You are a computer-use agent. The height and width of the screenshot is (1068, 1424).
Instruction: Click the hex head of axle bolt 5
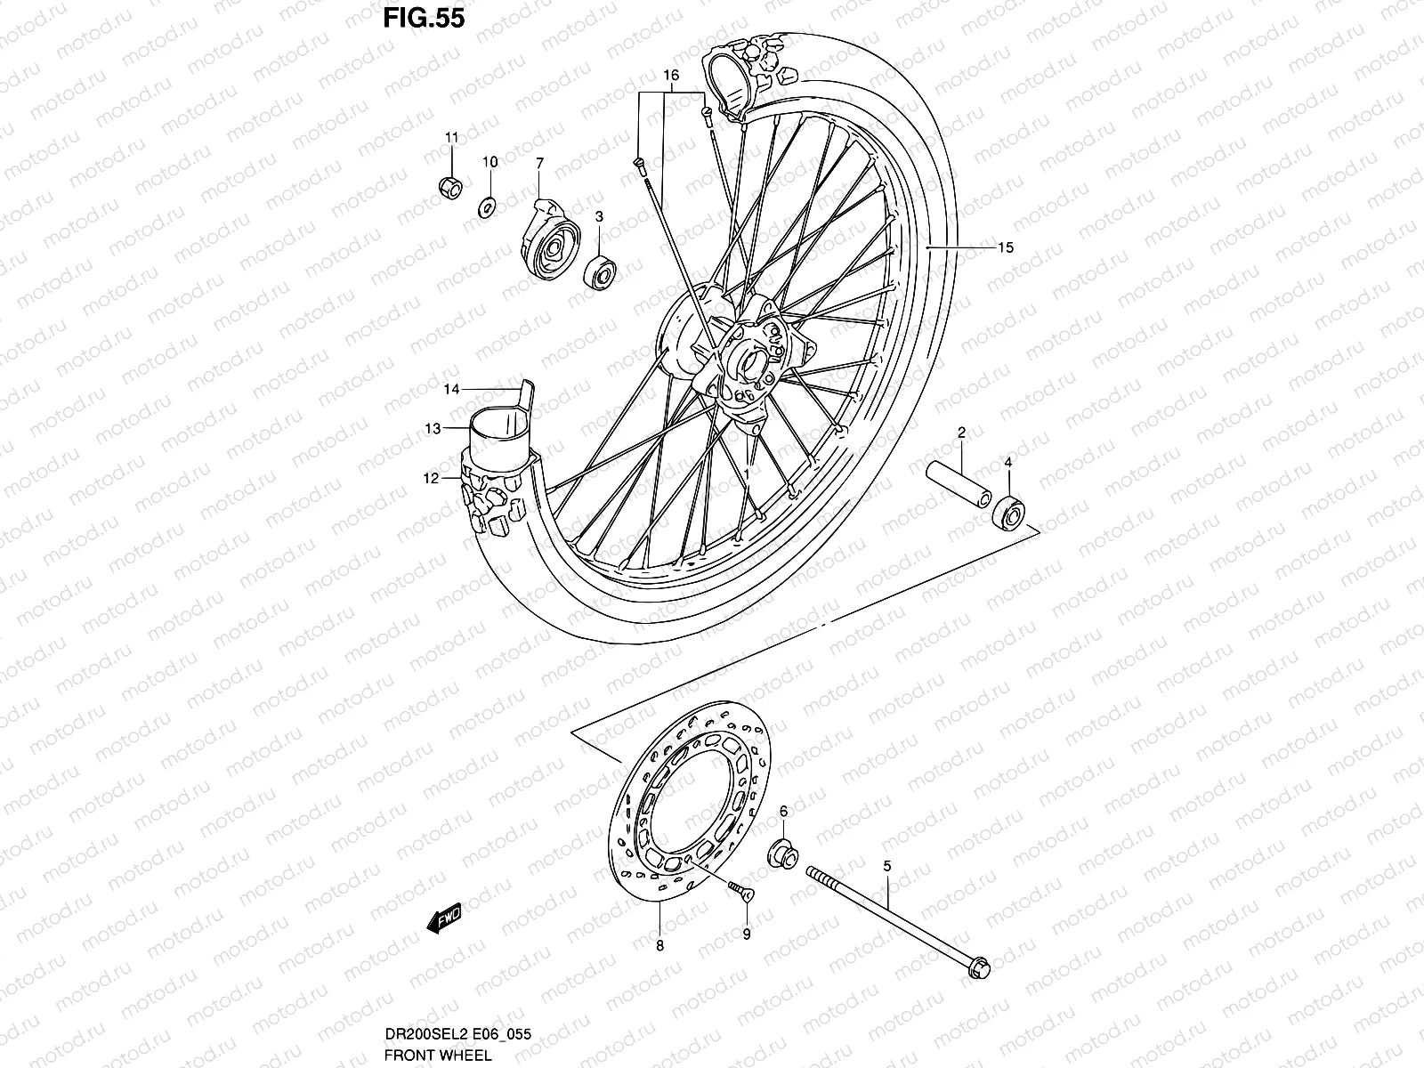pos(975,987)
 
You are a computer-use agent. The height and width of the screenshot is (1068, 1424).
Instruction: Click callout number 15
pos(1005,247)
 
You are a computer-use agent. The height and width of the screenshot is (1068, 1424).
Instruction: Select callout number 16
pos(671,76)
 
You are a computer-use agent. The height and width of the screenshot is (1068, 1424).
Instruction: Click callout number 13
pos(433,429)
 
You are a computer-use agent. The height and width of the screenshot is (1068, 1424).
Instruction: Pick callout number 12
pos(431,479)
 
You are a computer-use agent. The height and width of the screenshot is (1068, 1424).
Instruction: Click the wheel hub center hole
pos(749,365)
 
